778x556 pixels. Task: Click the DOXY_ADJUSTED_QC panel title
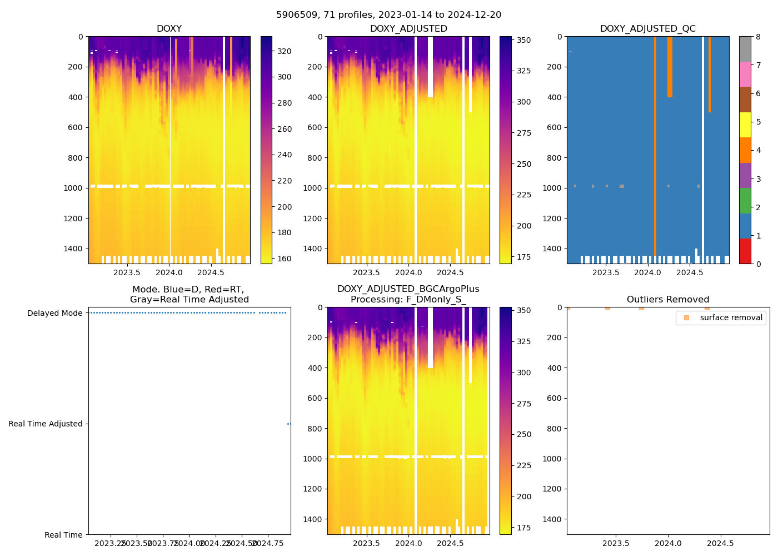click(647, 29)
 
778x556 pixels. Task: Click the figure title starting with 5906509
click(388, 15)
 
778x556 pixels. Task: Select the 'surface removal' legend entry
click(731, 318)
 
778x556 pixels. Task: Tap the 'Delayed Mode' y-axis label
click(54, 313)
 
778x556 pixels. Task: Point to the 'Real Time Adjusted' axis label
click(45, 424)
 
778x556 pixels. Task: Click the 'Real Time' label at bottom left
click(63, 535)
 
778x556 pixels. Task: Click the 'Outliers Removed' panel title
click(668, 300)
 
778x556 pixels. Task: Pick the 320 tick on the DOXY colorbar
click(285, 51)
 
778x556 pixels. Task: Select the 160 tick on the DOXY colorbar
click(285, 259)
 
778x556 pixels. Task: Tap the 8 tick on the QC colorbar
click(757, 37)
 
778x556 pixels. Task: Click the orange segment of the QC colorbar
click(745, 150)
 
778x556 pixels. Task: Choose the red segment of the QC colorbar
click(745, 251)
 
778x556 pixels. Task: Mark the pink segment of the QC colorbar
click(745, 74)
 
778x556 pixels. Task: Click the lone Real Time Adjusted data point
click(288, 424)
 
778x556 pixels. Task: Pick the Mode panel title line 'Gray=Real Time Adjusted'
click(189, 300)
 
